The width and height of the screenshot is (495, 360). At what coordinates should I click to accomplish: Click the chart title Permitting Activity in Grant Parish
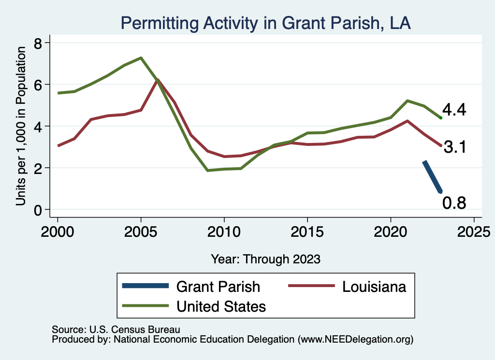pos(265,23)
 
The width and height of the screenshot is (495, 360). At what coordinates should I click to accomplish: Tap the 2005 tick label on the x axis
pos(141,229)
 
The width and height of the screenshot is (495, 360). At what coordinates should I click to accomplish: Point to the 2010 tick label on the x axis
pos(224,229)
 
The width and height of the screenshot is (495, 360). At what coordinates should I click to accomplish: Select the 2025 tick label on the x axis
pos(474,229)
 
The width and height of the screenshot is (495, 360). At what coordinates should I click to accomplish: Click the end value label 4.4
pos(454,110)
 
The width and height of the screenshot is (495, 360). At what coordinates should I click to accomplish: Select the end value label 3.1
pos(454,147)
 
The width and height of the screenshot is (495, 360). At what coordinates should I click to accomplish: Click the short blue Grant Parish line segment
pos(432,176)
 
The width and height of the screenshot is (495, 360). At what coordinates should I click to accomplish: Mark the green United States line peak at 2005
pos(141,58)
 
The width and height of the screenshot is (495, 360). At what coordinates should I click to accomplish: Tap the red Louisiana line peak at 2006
pos(157,80)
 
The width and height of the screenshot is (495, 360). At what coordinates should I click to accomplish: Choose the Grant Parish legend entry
pos(218,287)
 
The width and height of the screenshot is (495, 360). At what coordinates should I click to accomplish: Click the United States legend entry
pos(221,306)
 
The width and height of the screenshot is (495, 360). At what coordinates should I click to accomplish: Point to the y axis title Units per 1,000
pos(20,127)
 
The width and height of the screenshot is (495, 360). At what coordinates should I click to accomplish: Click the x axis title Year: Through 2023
pos(265,259)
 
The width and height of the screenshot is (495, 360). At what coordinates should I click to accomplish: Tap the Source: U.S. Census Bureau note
pos(116,330)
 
